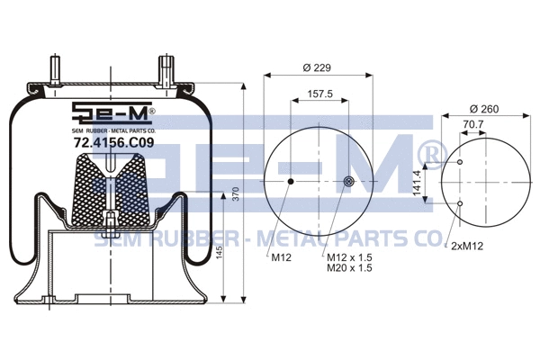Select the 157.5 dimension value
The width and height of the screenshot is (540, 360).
(x=320, y=94)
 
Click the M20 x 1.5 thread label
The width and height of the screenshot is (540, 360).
(x=349, y=267)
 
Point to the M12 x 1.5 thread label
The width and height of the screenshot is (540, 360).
(x=349, y=256)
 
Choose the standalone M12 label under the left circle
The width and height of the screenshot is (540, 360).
(x=282, y=256)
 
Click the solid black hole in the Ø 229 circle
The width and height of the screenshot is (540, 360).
(x=291, y=183)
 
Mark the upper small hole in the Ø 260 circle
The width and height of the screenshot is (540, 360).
(x=461, y=162)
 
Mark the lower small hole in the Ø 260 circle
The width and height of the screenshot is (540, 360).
(x=461, y=203)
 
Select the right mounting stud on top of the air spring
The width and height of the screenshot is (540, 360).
(x=165, y=71)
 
